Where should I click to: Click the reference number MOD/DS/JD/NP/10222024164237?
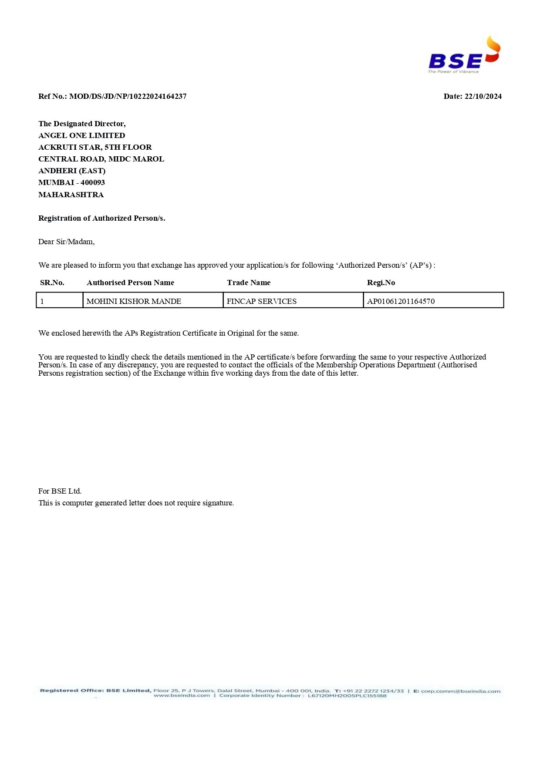(x=128, y=96)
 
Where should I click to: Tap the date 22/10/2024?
(x=483, y=96)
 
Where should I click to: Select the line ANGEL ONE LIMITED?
(x=81, y=135)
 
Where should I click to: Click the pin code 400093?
(x=93, y=182)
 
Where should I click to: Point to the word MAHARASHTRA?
(x=71, y=195)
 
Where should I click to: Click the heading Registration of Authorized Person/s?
(x=101, y=218)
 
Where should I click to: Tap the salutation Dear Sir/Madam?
(x=66, y=242)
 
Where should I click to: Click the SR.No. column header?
(x=52, y=283)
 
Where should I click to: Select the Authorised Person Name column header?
(x=130, y=283)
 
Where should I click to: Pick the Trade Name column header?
(x=249, y=283)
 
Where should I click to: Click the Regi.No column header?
(x=381, y=283)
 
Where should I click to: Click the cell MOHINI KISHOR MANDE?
(x=134, y=301)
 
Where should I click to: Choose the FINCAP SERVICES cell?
(x=261, y=301)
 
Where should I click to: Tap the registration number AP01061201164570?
(x=401, y=301)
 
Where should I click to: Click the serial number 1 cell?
(x=42, y=301)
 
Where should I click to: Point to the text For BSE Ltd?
(x=60, y=491)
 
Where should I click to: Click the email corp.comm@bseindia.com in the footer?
(x=460, y=691)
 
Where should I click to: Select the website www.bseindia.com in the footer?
(x=182, y=696)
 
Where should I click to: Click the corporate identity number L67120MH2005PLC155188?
(x=347, y=696)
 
